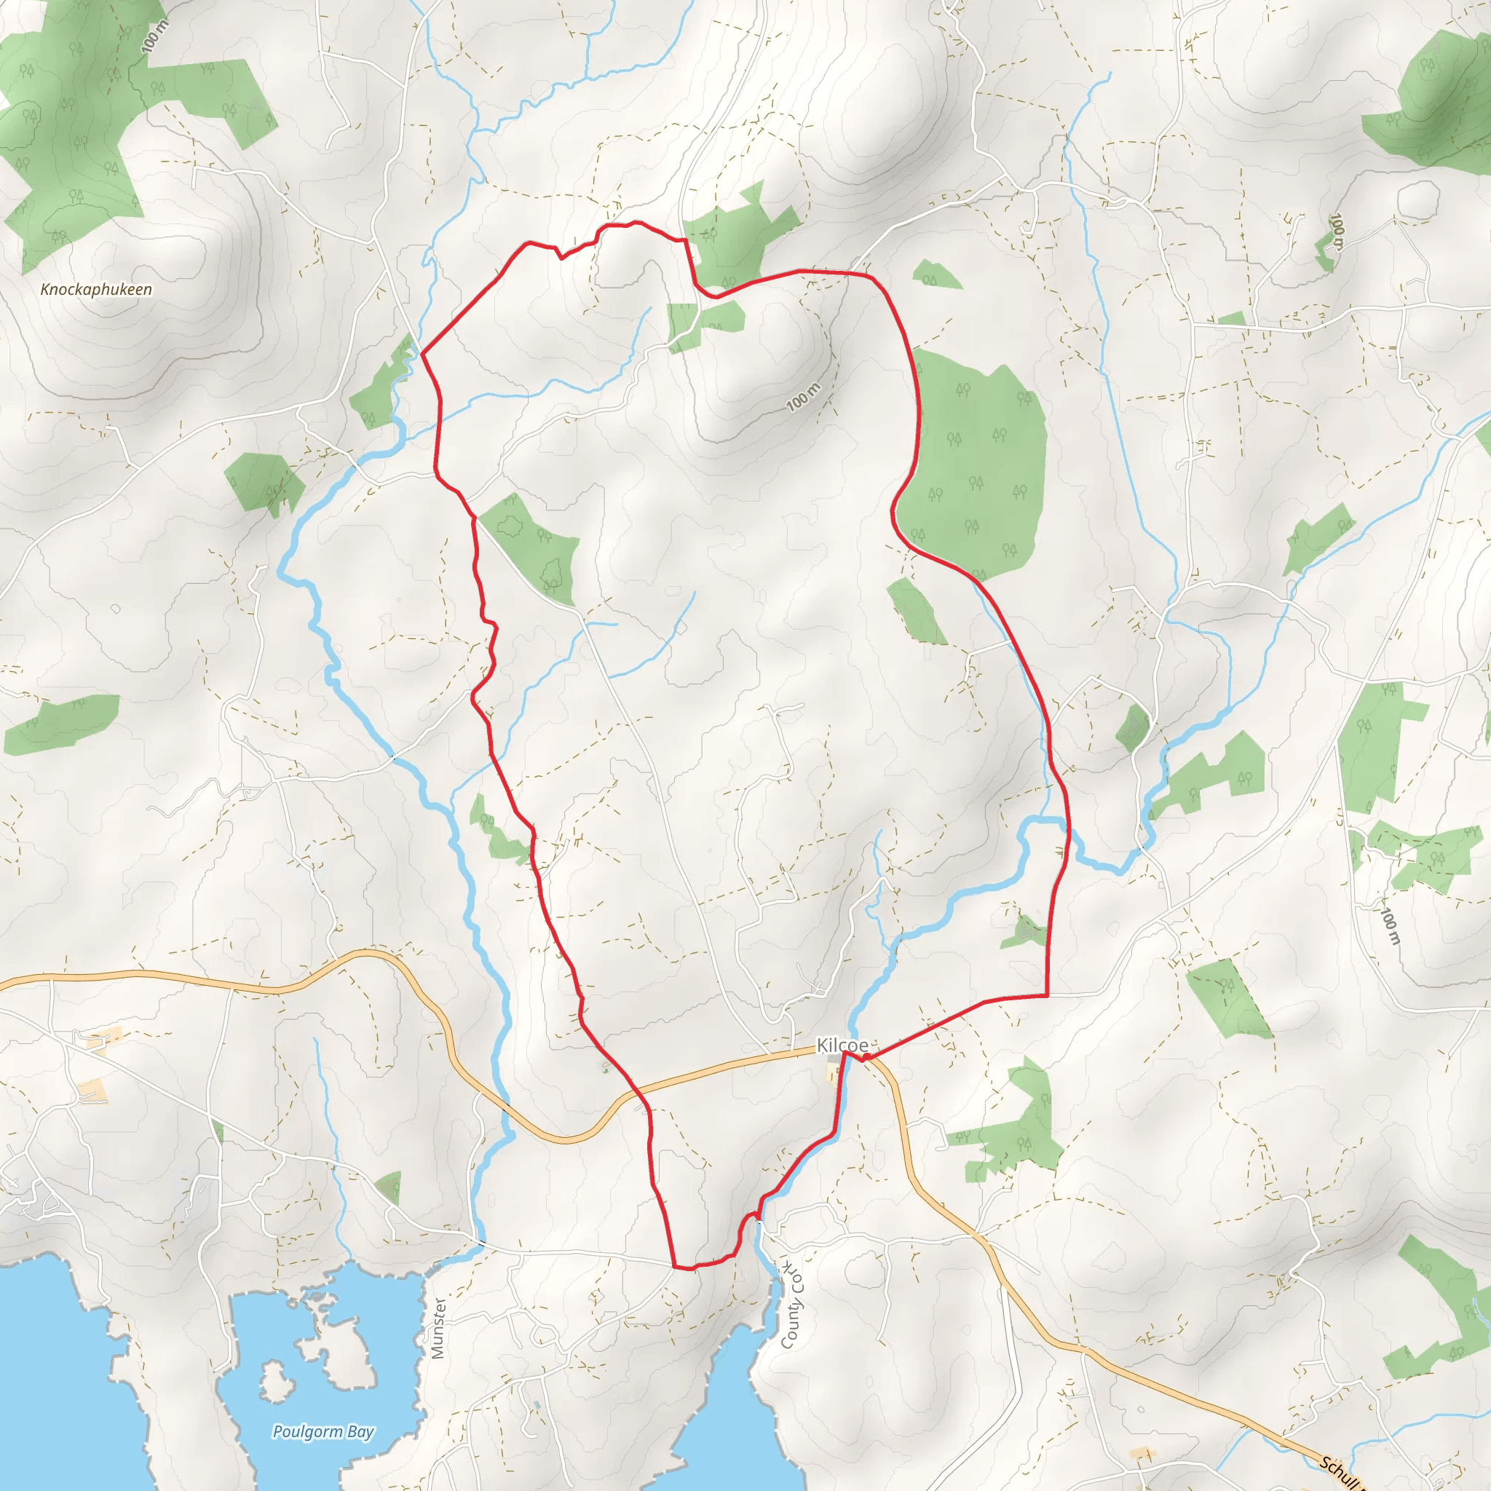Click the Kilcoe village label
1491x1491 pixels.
pos(842,1045)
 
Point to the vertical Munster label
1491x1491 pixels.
pos(438,1327)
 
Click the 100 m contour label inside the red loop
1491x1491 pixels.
pos(804,397)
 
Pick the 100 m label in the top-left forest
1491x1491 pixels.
pos(155,36)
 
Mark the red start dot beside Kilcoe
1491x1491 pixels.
pos(866,1057)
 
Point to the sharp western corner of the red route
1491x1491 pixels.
pos(422,355)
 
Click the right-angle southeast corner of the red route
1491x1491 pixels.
pos(1047,995)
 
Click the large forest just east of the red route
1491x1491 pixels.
pos(976,463)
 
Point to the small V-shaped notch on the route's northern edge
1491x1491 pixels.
pos(561,256)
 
